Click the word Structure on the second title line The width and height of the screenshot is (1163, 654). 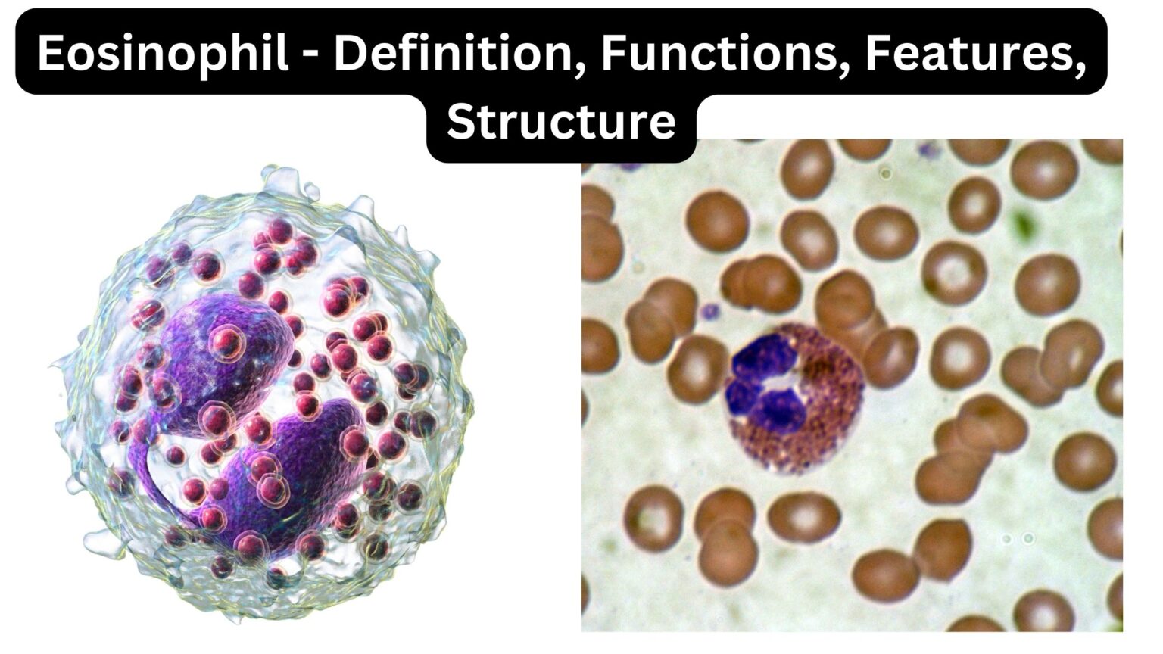coord(561,121)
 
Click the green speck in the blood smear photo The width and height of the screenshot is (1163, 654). coord(1024,225)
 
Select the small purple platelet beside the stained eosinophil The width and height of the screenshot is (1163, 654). coord(709,310)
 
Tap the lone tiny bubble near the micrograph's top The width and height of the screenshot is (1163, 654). coord(885,173)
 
